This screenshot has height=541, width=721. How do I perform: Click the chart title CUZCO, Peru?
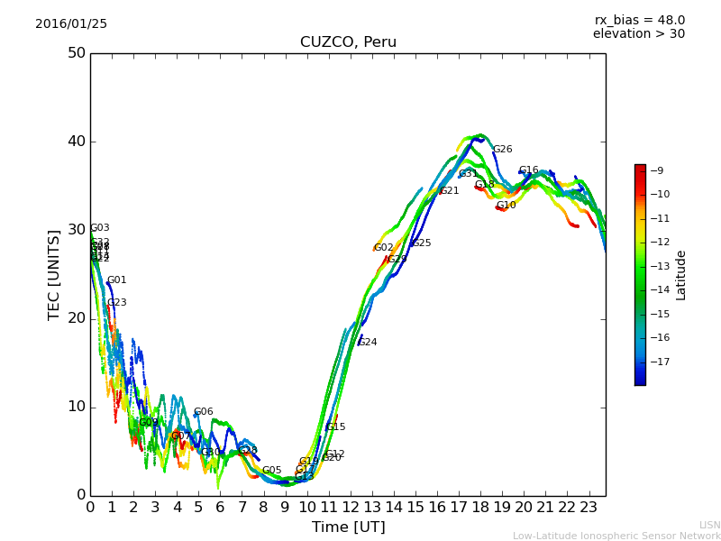coord(348,42)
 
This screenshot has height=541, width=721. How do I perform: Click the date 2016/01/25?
coord(71,23)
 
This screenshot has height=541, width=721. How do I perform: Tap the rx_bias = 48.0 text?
coord(639,20)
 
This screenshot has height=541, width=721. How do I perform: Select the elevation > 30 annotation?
coord(638,34)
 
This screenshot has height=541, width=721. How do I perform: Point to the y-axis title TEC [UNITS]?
coord(54,274)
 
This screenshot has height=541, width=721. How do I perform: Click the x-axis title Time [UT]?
coord(348,527)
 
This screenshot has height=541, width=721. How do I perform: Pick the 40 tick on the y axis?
coord(77,142)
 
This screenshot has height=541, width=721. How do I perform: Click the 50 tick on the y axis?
coord(77,53)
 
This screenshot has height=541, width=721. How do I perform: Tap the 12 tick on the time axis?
coord(351,507)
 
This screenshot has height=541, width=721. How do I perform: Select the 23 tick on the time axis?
coord(589,507)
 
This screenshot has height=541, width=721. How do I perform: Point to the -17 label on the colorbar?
coord(656,362)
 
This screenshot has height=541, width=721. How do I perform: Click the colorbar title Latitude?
coord(681,275)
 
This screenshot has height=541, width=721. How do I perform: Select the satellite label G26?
coord(502,150)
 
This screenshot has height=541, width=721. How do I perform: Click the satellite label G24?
coord(368,343)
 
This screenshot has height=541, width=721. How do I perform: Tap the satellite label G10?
coord(507,206)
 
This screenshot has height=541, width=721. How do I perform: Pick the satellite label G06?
coord(204,412)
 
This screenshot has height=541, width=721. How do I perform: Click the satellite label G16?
coord(529,170)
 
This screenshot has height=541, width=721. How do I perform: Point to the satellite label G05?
coord(272,471)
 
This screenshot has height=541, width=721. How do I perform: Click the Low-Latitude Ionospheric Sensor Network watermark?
coord(616,536)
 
